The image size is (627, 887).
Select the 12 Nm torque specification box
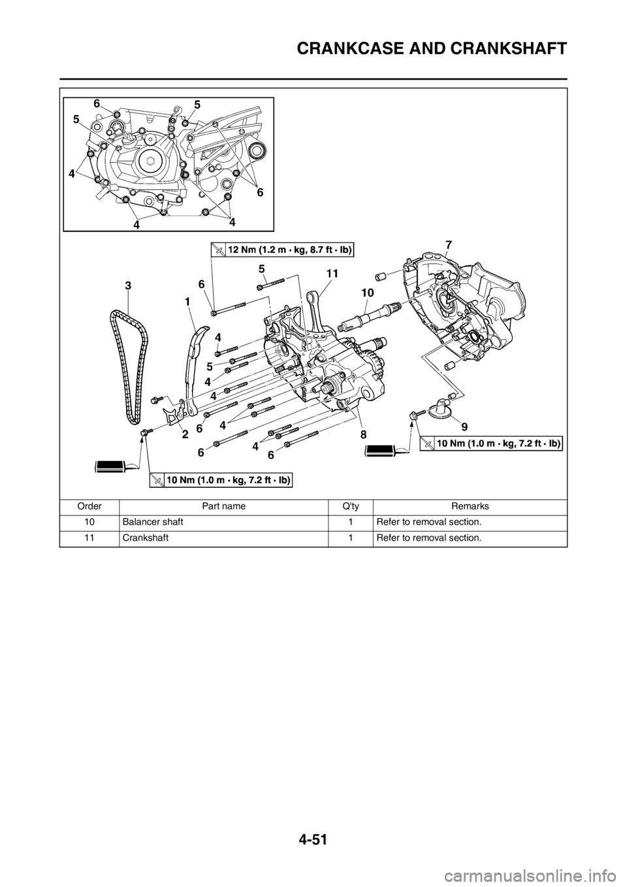click(x=281, y=249)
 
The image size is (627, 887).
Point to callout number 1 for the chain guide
click(x=187, y=302)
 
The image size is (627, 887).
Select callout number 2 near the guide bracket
click(x=185, y=433)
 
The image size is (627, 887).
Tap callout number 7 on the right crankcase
click(x=448, y=244)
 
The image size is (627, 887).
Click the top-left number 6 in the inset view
click(x=97, y=103)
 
